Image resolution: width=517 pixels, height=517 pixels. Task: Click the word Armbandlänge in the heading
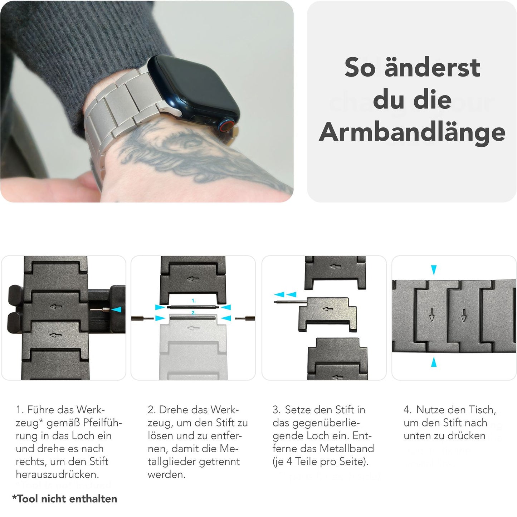point(412,132)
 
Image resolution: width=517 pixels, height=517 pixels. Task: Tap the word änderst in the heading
point(432,68)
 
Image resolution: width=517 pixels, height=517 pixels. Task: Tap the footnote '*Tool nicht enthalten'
point(65,499)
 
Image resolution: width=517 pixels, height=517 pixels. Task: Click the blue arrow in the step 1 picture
point(117,309)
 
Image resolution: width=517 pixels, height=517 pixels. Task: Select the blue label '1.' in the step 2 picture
point(194,301)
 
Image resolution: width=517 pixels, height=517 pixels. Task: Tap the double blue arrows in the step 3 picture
point(285,294)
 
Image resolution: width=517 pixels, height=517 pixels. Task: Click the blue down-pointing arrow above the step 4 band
point(434,270)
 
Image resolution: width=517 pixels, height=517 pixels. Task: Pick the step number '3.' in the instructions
point(277,410)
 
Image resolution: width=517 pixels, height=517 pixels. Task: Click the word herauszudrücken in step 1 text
point(57,474)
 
